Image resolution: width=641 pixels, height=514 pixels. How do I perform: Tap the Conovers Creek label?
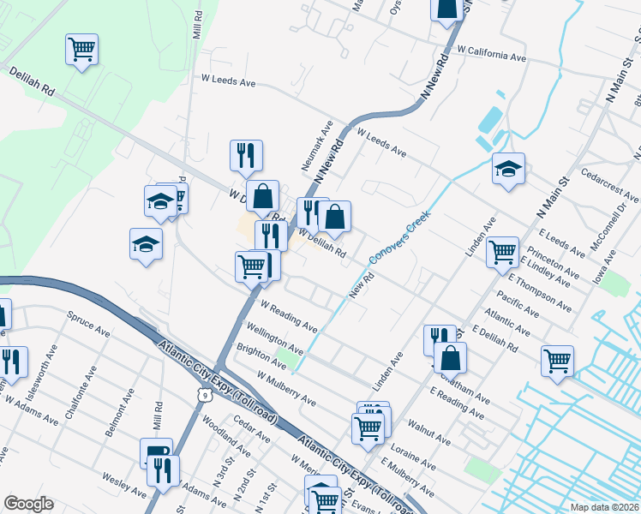398,239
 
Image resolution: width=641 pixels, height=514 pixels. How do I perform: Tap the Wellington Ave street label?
274,338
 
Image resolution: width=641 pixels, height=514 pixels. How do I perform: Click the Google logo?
28,504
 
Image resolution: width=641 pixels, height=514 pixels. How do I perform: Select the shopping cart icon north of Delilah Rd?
81,49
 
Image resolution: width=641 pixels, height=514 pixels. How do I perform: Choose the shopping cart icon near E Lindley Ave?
502,252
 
